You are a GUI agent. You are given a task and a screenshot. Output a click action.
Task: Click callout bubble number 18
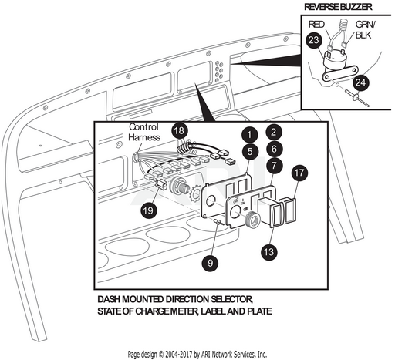point(180,130)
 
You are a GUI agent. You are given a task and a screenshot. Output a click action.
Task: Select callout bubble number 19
point(148,210)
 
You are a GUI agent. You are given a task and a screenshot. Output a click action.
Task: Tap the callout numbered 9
point(211,263)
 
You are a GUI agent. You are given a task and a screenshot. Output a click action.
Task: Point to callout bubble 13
point(269,252)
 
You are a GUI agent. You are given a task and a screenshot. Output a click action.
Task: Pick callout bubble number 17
point(299,173)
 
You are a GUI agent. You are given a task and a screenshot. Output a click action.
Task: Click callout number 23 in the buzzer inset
point(314,40)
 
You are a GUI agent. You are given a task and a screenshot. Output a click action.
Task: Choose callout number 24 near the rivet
point(360,82)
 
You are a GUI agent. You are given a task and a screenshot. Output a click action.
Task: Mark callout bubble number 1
point(249,135)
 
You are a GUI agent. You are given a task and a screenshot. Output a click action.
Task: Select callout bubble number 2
point(274,132)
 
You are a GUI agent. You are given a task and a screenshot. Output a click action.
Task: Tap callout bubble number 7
point(274,165)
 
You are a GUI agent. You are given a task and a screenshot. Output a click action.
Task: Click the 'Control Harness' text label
point(144,132)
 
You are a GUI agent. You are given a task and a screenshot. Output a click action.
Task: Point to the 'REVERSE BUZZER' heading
point(338,7)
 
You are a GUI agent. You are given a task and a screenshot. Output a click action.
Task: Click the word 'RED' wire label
point(316,25)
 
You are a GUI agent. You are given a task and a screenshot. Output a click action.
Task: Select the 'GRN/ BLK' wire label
point(365,30)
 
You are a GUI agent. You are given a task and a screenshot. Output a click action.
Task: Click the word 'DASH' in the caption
point(109,299)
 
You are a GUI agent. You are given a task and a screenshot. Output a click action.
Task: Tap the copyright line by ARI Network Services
point(197,355)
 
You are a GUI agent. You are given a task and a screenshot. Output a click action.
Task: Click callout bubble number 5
point(250,152)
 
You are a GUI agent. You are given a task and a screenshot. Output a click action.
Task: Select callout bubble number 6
point(274,149)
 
